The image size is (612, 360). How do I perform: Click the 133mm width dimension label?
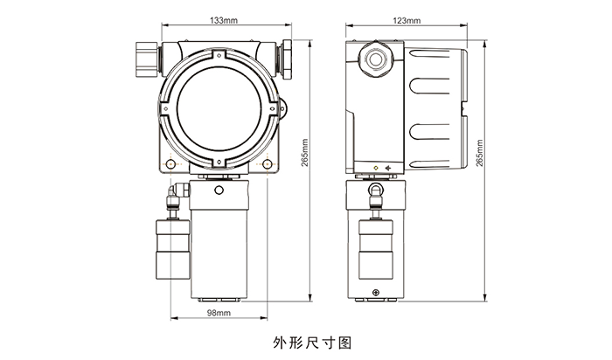click(224, 20)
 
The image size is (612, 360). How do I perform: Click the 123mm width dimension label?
click(407, 20)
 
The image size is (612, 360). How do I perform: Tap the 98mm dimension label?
click(219, 313)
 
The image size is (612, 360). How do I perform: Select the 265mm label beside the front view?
click(305, 153)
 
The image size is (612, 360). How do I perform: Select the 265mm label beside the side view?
click(480, 153)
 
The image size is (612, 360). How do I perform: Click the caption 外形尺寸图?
click(312, 343)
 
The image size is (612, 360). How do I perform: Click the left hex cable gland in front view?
click(147, 59)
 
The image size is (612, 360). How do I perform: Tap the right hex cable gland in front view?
click(287, 59)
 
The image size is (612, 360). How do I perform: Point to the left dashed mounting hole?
click(170, 164)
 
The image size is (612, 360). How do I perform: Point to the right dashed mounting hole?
click(267, 164)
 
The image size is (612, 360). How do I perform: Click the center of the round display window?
click(219, 109)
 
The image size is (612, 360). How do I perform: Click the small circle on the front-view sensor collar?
click(219, 190)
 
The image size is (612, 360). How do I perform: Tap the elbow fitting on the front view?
click(177, 192)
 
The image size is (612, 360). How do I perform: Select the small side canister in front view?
click(173, 249)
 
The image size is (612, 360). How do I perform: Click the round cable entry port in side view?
click(375, 59)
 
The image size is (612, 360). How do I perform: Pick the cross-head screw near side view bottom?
click(375, 293)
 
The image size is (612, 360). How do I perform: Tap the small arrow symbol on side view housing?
click(388, 168)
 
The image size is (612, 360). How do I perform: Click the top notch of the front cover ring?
click(219, 54)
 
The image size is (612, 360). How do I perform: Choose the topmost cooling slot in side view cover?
click(428, 53)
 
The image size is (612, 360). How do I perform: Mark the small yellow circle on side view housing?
click(375, 168)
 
